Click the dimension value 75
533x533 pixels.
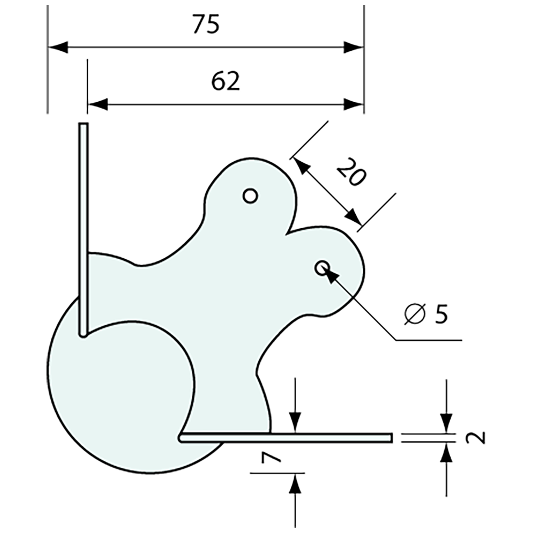point(205,24)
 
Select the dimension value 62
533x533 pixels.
point(225,81)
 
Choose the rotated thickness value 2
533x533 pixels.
point(476,438)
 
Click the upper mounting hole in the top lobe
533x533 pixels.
point(250,196)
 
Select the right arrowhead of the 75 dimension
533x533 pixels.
point(354,47)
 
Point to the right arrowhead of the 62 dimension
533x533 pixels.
point(354,104)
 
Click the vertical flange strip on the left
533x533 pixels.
point(83,228)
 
